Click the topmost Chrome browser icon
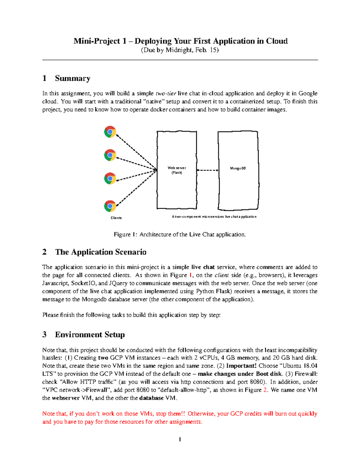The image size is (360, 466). point(110,132)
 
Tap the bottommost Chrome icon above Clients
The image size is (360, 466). point(110,206)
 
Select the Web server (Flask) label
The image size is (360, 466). point(177,170)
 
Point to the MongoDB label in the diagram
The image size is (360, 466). point(238,168)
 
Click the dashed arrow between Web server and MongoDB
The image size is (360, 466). point(207,170)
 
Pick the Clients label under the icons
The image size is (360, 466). point(116,218)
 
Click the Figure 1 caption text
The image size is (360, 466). point(180,234)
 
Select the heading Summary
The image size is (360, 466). point(73,78)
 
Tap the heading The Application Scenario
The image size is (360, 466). point(101,252)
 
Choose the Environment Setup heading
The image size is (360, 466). point(90,335)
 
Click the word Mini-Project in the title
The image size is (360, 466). point(97,41)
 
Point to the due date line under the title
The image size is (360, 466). point(180,50)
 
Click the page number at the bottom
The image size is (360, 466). point(180,440)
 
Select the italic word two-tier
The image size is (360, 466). point(166,93)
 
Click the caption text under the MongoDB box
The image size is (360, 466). point(214,217)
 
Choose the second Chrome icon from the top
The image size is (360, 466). point(110,155)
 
